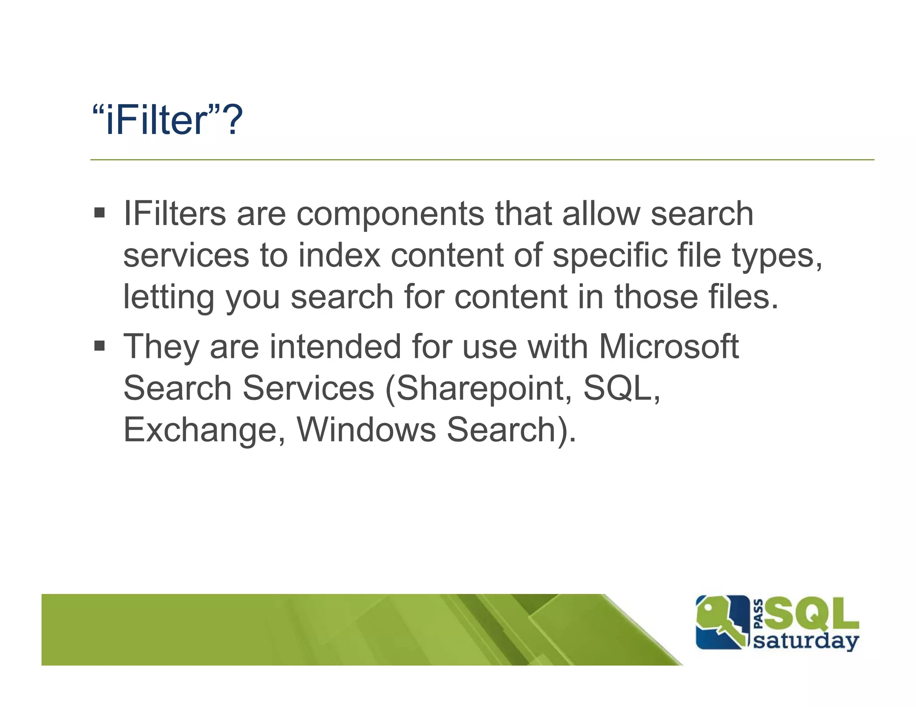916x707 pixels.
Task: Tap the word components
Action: point(390,215)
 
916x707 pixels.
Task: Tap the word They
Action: point(161,347)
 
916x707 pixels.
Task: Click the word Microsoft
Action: point(669,347)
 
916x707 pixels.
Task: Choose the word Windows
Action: point(366,429)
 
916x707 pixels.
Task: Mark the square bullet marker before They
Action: point(99,345)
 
